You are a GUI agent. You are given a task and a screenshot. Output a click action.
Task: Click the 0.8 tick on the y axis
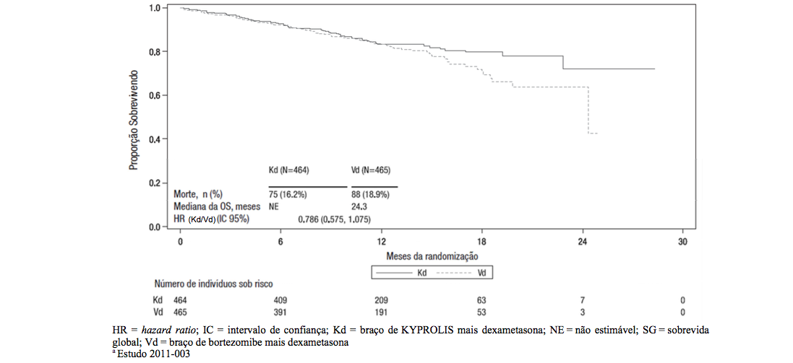click(154, 52)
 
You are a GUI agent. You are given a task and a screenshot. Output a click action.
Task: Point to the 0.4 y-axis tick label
click(154, 139)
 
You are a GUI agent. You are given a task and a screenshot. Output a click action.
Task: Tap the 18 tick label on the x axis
click(482, 242)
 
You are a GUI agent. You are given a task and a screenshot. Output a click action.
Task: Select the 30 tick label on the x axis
click(683, 242)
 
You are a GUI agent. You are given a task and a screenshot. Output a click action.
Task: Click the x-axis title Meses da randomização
click(432, 255)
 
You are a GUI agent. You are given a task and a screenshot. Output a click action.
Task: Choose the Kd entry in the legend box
click(408, 273)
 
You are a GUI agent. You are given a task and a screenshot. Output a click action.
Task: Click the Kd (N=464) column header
click(288, 170)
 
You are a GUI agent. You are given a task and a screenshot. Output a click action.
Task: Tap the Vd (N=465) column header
click(371, 170)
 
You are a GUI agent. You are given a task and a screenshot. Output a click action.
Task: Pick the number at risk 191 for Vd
click(381, 312)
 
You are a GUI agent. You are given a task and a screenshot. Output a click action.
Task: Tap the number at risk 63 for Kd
click(482, 299)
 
